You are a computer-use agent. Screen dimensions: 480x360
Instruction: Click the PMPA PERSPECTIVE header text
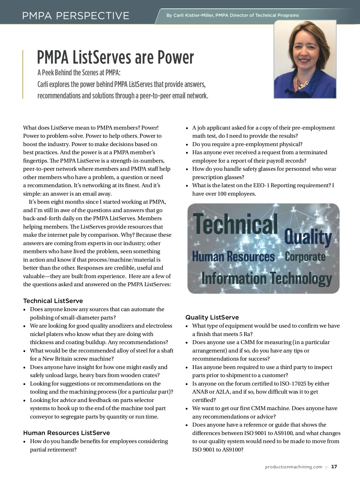pos(76,16)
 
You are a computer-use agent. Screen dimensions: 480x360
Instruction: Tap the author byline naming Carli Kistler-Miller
pos(232,15)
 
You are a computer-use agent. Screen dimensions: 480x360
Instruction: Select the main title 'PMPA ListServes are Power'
pos(115,57)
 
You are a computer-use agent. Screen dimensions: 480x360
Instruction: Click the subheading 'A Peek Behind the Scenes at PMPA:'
pos(79,73)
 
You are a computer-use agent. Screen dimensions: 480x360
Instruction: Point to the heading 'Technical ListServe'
pos(53,301)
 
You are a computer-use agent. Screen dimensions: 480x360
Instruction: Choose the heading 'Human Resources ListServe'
pos(66,433)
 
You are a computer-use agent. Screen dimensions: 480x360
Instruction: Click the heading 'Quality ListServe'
pos(212,317)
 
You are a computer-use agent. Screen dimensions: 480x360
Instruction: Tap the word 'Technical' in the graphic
pos(236,223)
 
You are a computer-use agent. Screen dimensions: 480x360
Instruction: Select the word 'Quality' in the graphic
pos(308,237)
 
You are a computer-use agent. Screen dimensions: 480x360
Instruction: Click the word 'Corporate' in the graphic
pos(305,257)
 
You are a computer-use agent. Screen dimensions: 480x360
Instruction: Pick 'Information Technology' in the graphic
pos(266,278)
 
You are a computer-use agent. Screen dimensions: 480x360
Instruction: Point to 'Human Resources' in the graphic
pos(233,257)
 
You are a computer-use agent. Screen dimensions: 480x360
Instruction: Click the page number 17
pos(334,467)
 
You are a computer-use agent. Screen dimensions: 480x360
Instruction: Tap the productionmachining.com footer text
pos(293,467)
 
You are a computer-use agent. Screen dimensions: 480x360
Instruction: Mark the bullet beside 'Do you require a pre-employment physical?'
pos(187,145)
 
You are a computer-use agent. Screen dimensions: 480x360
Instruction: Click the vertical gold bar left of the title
pos(23,74)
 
